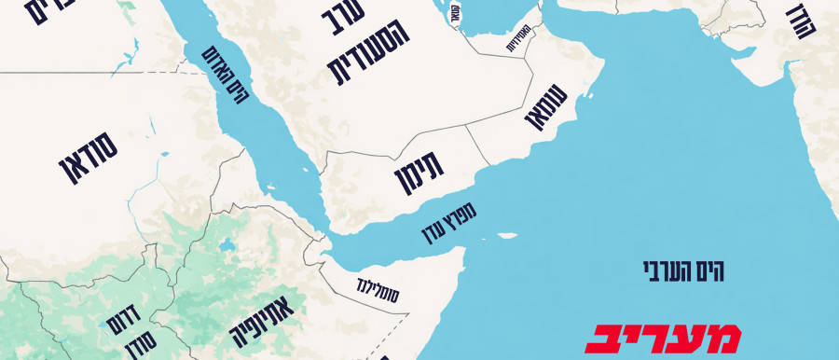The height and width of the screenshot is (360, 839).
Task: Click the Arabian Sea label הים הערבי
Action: tap(684, 271)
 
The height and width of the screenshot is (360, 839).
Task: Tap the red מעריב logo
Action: tap(663, 338)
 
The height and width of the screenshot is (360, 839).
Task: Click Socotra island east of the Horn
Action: tap(507, 235)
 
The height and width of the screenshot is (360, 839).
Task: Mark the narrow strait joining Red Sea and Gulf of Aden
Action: tap(322, 234)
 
